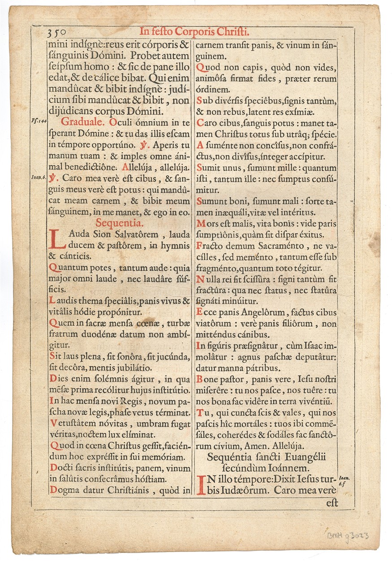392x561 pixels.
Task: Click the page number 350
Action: (x=57, y=32)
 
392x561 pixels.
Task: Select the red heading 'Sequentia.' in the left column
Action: (x=120, y=223)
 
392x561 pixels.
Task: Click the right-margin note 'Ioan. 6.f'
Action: (x=344, y=482)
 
